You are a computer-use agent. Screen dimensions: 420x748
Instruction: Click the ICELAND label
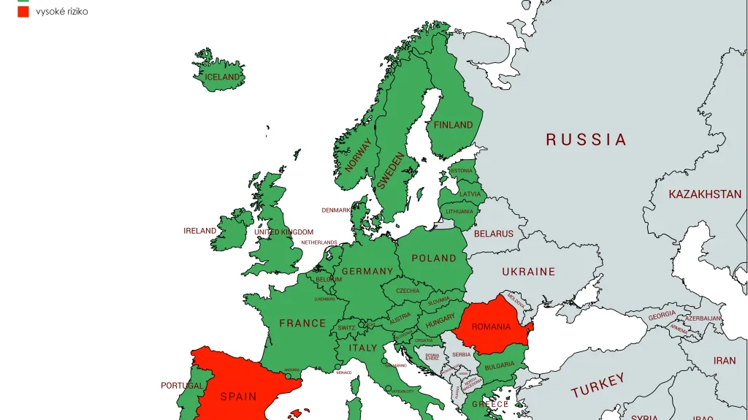[x=223, y=77]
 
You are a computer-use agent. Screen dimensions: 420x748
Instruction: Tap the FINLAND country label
[x=454, y=125]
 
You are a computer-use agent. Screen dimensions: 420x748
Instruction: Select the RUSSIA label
[x=587, y=140]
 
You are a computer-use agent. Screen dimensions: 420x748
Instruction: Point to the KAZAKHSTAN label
[x=705, y=194]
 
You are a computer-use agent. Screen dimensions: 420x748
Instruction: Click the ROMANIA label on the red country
[x=492, y=327]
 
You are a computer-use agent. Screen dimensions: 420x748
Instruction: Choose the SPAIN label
[x=239, y=397]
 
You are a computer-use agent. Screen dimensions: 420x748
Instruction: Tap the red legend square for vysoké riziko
[x=23, y=12]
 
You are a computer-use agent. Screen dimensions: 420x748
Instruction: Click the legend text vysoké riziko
[x=62, y=12]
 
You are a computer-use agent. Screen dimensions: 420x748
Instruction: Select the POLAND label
[x=434, y=258]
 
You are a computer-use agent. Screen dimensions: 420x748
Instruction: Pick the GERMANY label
[x=367, y=271]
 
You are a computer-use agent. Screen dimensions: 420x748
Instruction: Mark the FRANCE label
[x=302, y=323]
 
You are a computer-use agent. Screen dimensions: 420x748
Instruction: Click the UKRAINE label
[x=529, y=271]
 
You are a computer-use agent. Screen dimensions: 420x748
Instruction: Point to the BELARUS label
[x=494, y=234]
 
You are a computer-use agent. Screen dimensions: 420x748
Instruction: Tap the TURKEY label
[x=598, y=385]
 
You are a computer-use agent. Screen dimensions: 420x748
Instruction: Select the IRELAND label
[x=199, y=231]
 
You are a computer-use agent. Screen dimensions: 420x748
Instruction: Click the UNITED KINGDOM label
[x=283, y=232]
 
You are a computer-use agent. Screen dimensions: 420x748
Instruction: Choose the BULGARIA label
[x=500, y=365]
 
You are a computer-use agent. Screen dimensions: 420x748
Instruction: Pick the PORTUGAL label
[x=182, y=386]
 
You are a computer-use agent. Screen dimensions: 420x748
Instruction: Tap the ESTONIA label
[x=461, y=171]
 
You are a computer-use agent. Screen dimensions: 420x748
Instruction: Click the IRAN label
[x=725, y=361]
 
